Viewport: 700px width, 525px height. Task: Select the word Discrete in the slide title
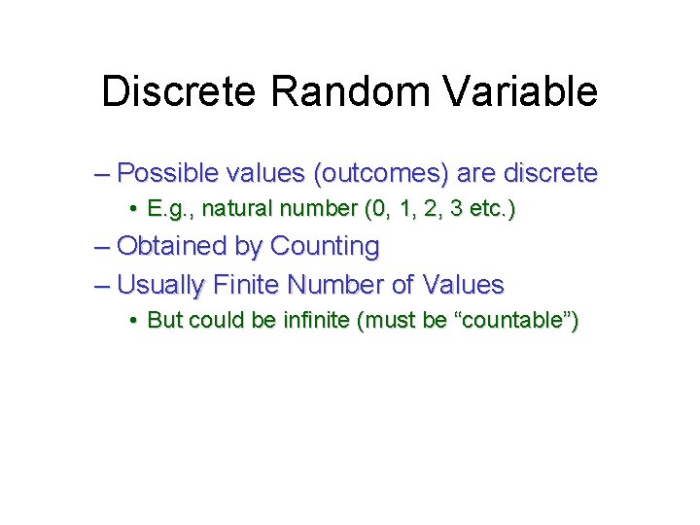[180, 92]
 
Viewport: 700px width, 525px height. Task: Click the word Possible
[174, 175]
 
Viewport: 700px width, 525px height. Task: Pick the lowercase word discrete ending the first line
[549, 174]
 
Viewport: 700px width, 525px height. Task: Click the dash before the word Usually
[103, 286]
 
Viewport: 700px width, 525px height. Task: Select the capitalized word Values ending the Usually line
[464, 285]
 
